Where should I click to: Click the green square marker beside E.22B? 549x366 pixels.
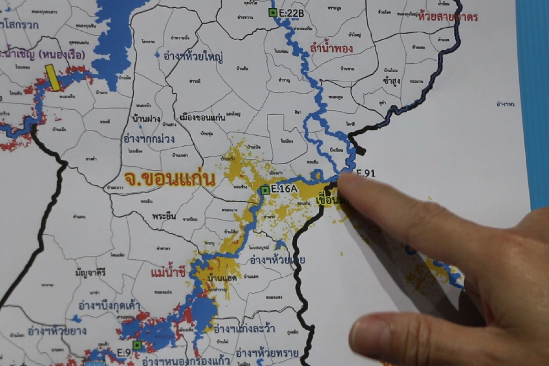[273, 13]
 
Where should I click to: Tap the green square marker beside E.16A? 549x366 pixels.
[265, 190]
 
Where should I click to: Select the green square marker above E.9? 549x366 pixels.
[137, 344]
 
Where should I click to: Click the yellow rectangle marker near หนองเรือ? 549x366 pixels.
[53, 78]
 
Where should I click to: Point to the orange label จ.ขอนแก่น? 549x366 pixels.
[169, 179]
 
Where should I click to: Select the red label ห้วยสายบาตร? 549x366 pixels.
[448, 17]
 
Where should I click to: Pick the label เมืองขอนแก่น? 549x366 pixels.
[203, 117]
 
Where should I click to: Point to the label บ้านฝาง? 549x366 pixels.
[146, 119]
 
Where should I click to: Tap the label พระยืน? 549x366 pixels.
[164, 216]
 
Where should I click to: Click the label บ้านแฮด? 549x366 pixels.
[222, 278]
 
